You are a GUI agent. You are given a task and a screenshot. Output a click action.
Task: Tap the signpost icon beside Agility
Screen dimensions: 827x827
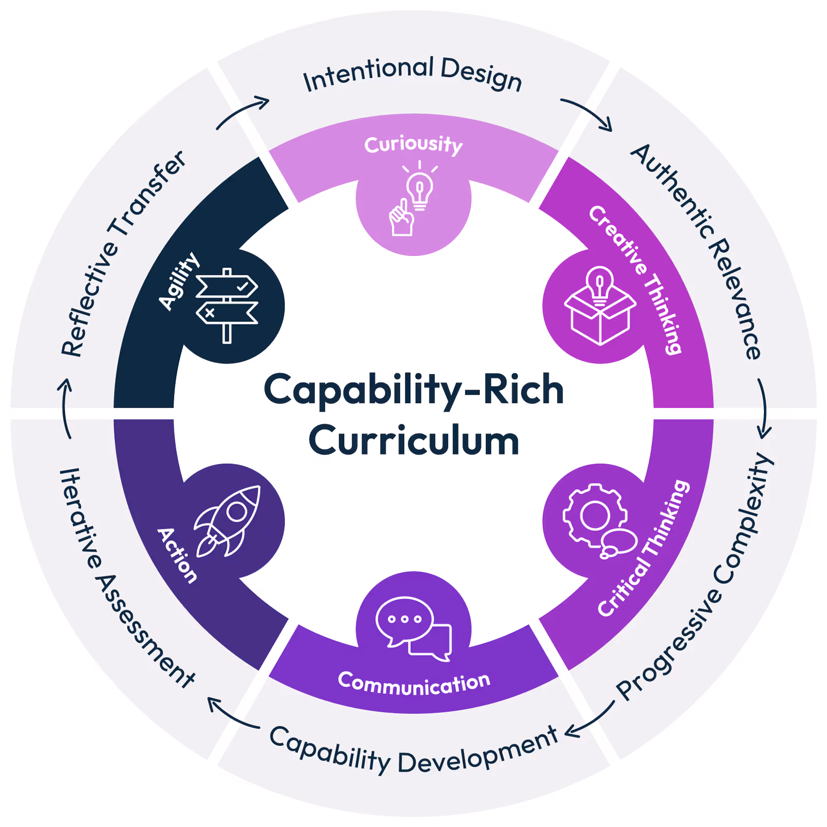pyautogui.click(x=227, y=305)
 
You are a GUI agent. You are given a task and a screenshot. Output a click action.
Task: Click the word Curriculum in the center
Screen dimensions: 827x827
pyautogui.click(x=413, y=441)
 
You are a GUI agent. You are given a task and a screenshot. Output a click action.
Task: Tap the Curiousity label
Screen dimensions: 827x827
pyautogui.click(x=413, y=145)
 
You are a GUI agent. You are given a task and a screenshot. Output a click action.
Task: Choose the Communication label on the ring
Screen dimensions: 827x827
pyautogui.click(x=413, y=683)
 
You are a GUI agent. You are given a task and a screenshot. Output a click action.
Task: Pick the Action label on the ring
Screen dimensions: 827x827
pyautogui.click(x=177, y=556)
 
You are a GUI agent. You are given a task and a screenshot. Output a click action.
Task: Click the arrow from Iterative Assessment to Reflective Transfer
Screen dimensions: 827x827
pyautogui.click(x=65, y=408)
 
